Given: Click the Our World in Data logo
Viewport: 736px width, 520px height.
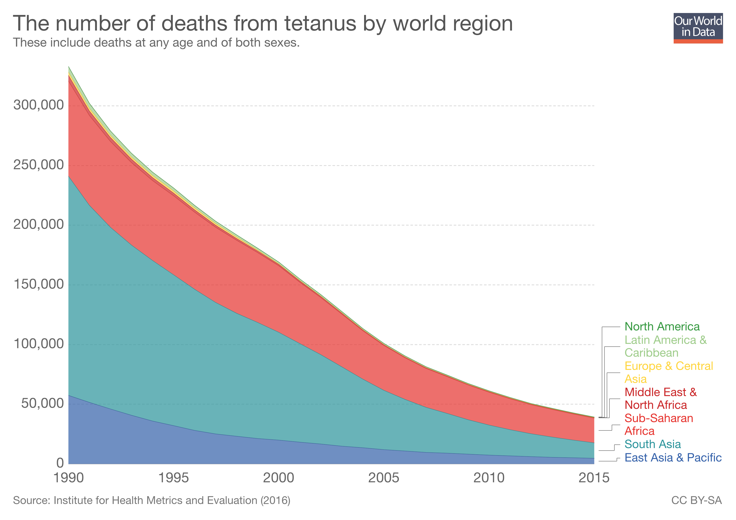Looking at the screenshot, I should [x=698, y=28].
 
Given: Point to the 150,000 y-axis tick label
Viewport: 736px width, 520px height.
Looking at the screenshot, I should [x=39, y=284].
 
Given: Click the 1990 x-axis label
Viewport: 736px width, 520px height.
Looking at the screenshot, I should [x=69, y=478].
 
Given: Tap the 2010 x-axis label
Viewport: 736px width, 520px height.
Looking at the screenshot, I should [x=489, y=478].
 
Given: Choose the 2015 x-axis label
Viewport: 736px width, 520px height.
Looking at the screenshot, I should [x=594, y=478].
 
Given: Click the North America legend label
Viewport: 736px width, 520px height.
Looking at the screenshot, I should [x=662, y=327].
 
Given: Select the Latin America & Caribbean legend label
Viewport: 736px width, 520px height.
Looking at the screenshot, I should [x=665, y=346].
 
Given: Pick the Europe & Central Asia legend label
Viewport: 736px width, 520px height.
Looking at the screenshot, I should [x=668, y=372].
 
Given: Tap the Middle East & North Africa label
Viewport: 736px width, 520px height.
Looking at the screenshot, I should [x=660, y=399].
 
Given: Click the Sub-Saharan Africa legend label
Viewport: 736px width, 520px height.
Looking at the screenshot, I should [x=659, y=425].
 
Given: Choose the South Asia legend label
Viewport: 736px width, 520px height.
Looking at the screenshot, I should [x=652, y=444].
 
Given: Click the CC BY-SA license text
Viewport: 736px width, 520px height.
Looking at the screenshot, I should [x=696, y=500].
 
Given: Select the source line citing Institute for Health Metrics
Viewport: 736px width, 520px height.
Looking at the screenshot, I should [x=151, y=500].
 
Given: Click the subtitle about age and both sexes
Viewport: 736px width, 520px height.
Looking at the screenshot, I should [x=156, y=43].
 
